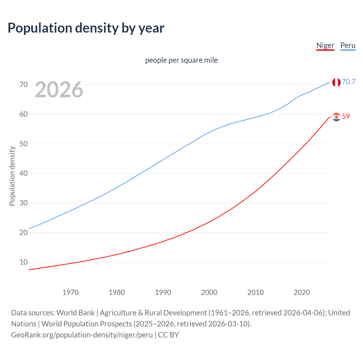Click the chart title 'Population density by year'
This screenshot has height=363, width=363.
click(86, 28)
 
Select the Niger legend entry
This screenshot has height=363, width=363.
click(325, 45)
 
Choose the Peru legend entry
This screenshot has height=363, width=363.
click(348, 45)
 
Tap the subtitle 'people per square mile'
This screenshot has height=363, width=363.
click(181, 60)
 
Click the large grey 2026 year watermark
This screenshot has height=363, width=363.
click(59, 90)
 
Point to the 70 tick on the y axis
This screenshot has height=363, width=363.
click(24, 85)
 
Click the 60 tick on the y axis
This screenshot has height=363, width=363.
click(24, 114)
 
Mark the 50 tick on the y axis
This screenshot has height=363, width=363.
click(24, 144)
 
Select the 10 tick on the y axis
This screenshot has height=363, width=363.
click(24, 262)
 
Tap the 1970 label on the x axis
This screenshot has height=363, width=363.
click(70, 292)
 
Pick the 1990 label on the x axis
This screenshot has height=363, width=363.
click(163, 292)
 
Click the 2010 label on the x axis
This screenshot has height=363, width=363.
click(255, 292)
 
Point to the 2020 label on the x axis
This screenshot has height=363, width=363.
click(301, 292)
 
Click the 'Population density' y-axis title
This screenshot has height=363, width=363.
click(12, 176)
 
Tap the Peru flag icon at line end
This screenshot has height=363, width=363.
click(336, 82)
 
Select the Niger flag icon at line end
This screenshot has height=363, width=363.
click(336, 117)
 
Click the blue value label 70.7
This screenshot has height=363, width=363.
click(349, 82)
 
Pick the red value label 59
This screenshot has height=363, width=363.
click(346, 116)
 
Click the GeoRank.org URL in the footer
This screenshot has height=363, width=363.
click(82, 335)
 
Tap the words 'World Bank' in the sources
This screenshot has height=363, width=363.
click(75, 313)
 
